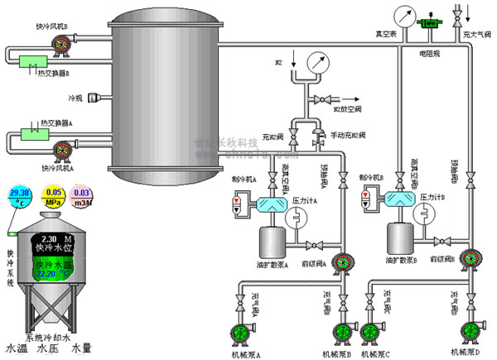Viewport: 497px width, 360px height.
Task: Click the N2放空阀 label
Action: pos(349,108)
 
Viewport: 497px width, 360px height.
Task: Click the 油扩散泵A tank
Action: pos(271,240)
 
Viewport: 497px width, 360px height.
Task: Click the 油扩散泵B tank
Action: pos(398,238)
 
